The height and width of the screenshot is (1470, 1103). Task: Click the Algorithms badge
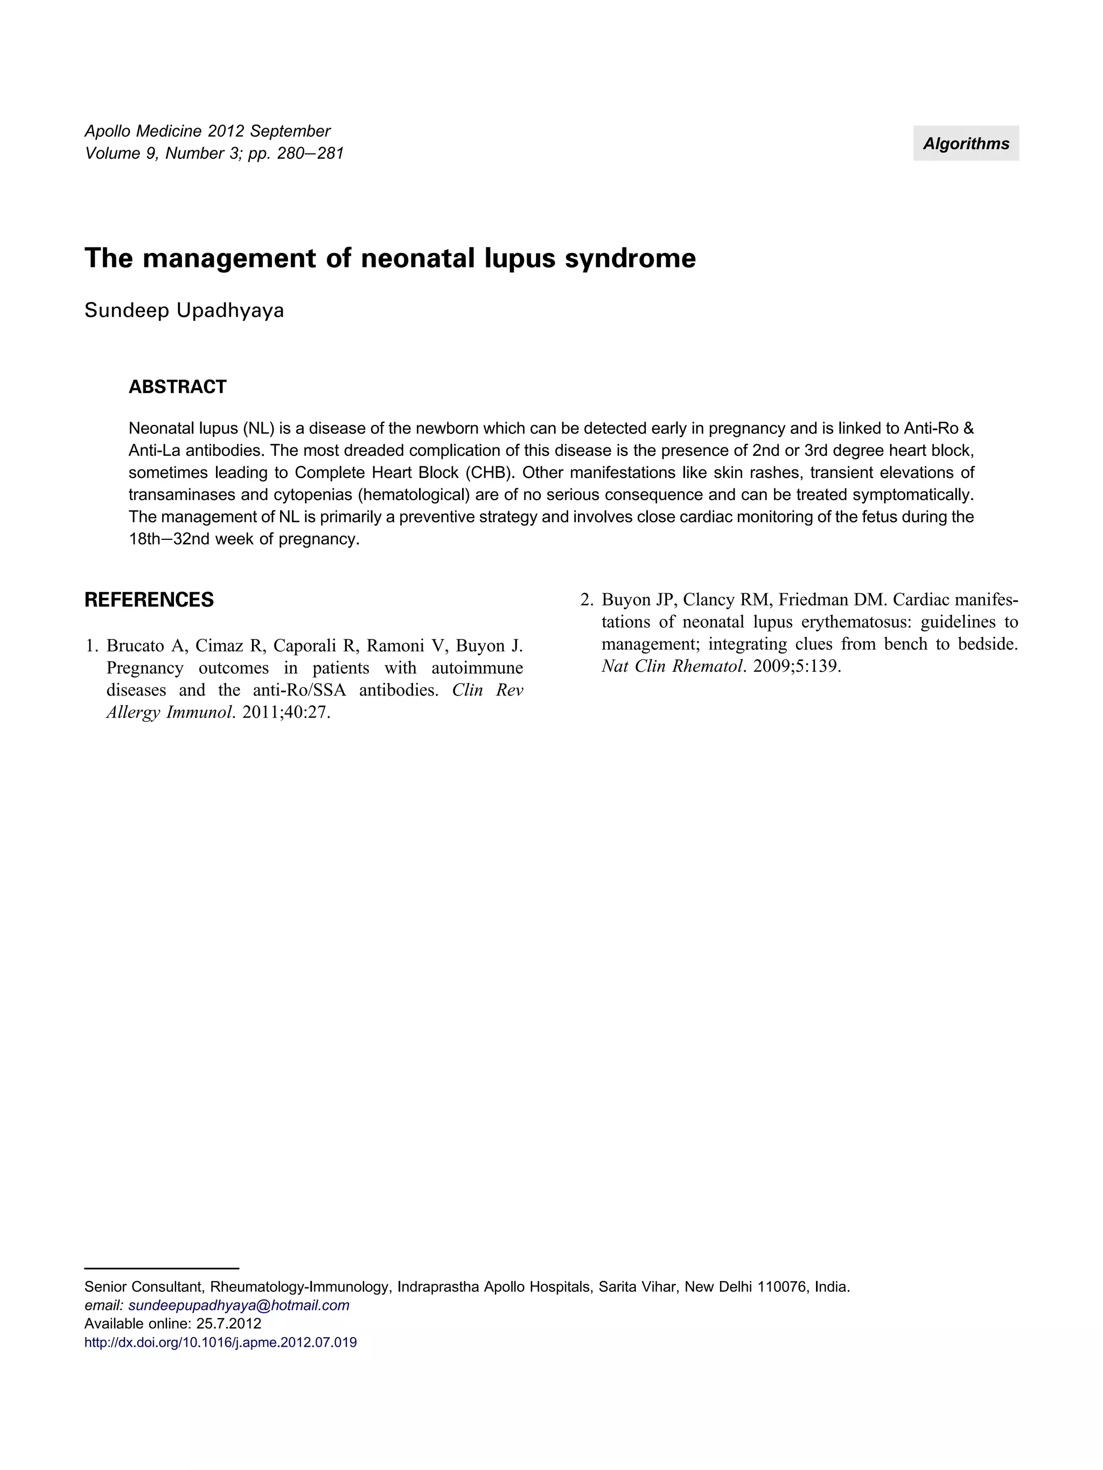point(965,144)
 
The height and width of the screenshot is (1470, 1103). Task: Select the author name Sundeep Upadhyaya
point(184,311)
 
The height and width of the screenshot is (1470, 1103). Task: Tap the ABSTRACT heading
point(178,387)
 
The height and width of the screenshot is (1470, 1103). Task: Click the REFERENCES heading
point(149,600)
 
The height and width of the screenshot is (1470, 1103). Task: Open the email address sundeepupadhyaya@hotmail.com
point(239,1305)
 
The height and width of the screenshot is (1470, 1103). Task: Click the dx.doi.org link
point(220,1342)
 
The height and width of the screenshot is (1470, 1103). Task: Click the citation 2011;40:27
point(286,713)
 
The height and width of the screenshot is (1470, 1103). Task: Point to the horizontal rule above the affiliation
point(162,1268)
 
